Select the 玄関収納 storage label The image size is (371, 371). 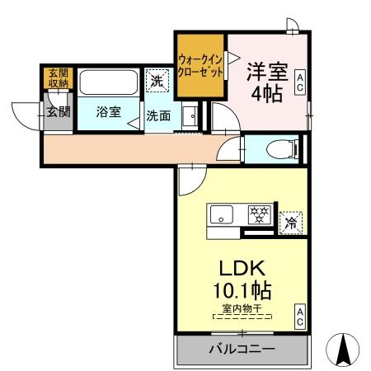[x=58, y=78]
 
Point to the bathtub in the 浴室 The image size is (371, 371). [x=110, y=83]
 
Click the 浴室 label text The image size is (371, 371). [x=107, y=112]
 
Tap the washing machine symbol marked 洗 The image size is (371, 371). [x=157, y=81]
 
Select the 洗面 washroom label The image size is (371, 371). [x=158, y=116]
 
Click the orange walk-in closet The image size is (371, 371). [x=200, y=65]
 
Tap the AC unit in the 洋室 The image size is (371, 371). [x=301, y=82]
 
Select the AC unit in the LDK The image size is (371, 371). [x=301, y=315]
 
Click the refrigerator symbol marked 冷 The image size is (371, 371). [x=291, y=221]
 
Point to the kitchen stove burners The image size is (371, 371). [x=259, y=214]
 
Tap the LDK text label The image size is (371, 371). [x=241, y=270]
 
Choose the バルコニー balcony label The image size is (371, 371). [x=241, y=349]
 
